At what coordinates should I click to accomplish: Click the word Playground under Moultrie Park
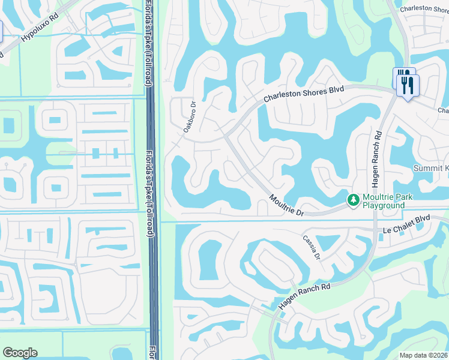[382, 205]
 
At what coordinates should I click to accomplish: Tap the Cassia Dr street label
[312, 247]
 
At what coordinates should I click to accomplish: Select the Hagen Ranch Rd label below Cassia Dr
[305, 296]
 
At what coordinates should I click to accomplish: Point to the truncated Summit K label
[430, 169]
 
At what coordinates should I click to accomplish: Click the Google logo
[20, 353]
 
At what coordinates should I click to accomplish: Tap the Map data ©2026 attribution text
[424, 355]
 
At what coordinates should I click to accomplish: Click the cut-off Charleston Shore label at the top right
[424, 9]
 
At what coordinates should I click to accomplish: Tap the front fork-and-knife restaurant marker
[409, 85]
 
